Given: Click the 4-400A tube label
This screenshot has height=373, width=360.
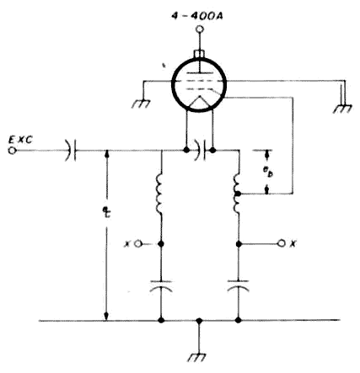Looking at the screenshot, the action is [197, 16].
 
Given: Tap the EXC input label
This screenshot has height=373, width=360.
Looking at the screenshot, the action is [20, 140].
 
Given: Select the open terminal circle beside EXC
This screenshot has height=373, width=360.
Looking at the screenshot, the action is [12, 151].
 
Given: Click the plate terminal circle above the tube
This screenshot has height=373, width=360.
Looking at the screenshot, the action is [200, 29].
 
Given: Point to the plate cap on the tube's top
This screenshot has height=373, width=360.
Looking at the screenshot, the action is [199, 53].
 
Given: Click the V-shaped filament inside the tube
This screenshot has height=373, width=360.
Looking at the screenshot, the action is [200, 102].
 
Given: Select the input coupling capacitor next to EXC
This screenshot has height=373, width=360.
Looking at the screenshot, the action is [71, 151].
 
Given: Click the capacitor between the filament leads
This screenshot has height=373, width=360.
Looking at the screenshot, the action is [200, 151].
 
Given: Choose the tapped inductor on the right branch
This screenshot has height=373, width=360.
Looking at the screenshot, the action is [237, 194].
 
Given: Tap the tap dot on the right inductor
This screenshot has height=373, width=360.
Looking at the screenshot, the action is [239, 194].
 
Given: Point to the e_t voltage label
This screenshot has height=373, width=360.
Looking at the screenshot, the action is [106, 212].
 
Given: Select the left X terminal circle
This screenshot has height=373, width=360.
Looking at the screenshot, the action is [137, 244].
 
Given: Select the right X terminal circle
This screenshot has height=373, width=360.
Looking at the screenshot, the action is [282, 243].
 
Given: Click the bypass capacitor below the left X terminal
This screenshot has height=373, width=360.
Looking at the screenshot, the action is [161, 285].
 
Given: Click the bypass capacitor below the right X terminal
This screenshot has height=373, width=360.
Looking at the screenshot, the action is [239, 285].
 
